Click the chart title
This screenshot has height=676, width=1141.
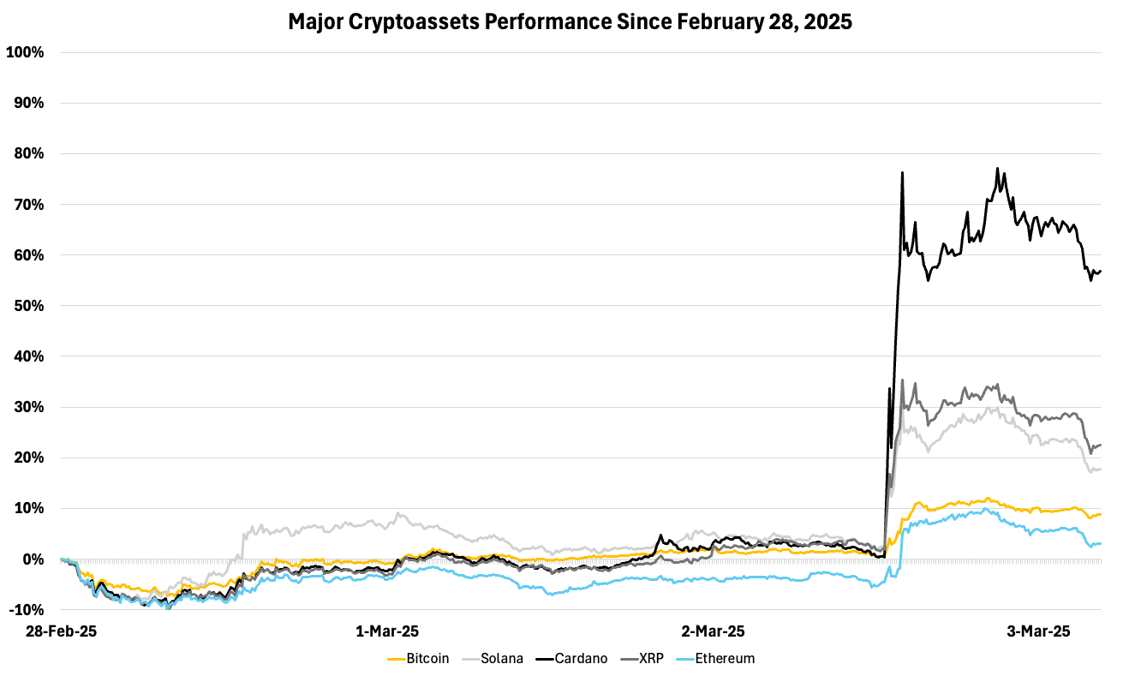tap(570, 21)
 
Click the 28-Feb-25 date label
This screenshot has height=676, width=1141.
tap(61, 631)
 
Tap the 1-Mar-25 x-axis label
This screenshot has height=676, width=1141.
tap(387, 631)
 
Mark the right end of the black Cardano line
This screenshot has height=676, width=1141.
tap(1100, 271)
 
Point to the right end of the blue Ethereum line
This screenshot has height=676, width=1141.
tap(1100, 543)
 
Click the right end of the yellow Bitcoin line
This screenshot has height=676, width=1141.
tap(1100, 514)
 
